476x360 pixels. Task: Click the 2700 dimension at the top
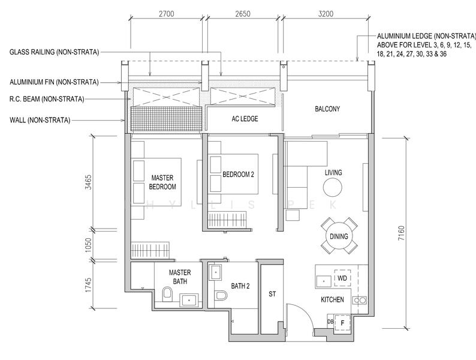coord(166,14)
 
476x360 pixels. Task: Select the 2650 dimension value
coord(243,14)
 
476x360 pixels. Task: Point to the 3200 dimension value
coord(326,14)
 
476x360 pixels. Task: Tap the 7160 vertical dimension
coord(401,233)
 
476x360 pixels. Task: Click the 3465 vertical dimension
coord(88,182)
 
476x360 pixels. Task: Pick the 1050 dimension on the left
coord(88,245)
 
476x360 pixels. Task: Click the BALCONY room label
coord(327,109)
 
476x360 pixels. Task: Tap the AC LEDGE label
coord(245,119)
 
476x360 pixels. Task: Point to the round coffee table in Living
coord(332,187)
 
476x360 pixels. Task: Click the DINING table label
coord(339,236)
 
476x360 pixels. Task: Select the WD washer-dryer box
coord(342,278)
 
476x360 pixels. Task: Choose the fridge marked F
coord(342,323)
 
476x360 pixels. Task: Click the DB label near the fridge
coord(330,322)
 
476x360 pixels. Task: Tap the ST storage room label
coord(272,294)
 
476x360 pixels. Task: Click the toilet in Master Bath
coord(167,294)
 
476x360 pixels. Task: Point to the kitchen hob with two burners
coord(360,300)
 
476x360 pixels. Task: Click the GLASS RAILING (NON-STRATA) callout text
coord(55,52)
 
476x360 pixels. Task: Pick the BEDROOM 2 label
coord(239,175)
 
